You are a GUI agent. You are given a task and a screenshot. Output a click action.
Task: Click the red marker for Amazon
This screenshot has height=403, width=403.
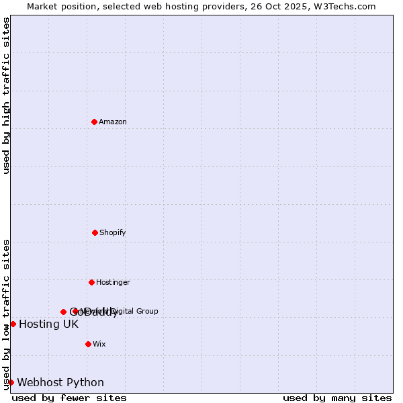(x=94, y=122)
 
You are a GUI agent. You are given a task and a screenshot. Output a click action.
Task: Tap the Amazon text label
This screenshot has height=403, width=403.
(x=113, y=122)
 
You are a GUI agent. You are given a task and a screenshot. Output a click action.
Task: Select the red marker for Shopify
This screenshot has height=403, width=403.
(x=95, y=232)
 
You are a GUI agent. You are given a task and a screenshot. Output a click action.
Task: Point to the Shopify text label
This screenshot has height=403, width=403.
(x=113, y=232)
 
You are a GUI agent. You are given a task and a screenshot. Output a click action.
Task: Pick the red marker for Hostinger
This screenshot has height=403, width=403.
(x=91, y=282)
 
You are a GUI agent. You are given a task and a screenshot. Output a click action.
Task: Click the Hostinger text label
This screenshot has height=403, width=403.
(x=113, y=282)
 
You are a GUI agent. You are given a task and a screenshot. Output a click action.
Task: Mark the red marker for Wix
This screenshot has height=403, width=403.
(x=88, y=344)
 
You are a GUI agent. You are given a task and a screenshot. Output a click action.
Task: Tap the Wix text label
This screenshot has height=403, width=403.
(x=99, y=344)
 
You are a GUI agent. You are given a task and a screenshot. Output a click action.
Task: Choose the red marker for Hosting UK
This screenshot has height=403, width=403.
(x=13, y=324)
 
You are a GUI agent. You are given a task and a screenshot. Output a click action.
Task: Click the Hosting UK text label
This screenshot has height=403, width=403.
(x=48, y=324)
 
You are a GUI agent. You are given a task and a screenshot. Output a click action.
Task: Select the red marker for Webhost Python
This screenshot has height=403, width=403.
(x=11, y=382)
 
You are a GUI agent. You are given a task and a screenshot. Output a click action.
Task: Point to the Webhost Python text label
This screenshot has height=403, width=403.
(x=60, y=383)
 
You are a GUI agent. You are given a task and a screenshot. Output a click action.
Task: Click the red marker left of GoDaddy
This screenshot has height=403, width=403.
(x=63, y=312)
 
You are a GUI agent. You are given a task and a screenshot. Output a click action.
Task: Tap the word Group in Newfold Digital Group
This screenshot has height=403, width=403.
(x=147, y=311)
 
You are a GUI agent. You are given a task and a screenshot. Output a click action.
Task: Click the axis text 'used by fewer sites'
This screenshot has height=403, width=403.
(x=69, y=398)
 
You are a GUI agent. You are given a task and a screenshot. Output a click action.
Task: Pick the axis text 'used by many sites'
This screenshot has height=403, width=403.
(x=337, y=398)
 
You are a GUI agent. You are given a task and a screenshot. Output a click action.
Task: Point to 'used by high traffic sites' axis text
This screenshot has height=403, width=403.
(x=6, y=95)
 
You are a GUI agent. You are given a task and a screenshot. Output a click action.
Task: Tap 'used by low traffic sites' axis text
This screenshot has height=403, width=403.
(x=6, y=314)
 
